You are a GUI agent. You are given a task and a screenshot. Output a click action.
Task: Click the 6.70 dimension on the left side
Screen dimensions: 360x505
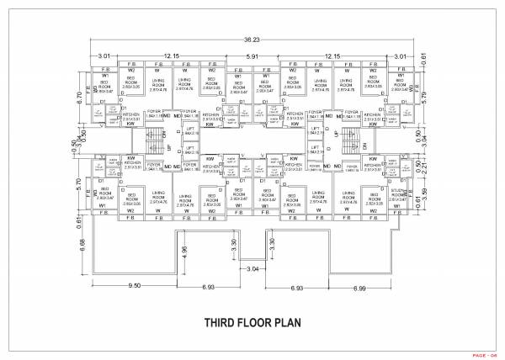[78, 97]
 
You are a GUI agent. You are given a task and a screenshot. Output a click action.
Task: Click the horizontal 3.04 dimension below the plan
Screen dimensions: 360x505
[253, 269]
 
